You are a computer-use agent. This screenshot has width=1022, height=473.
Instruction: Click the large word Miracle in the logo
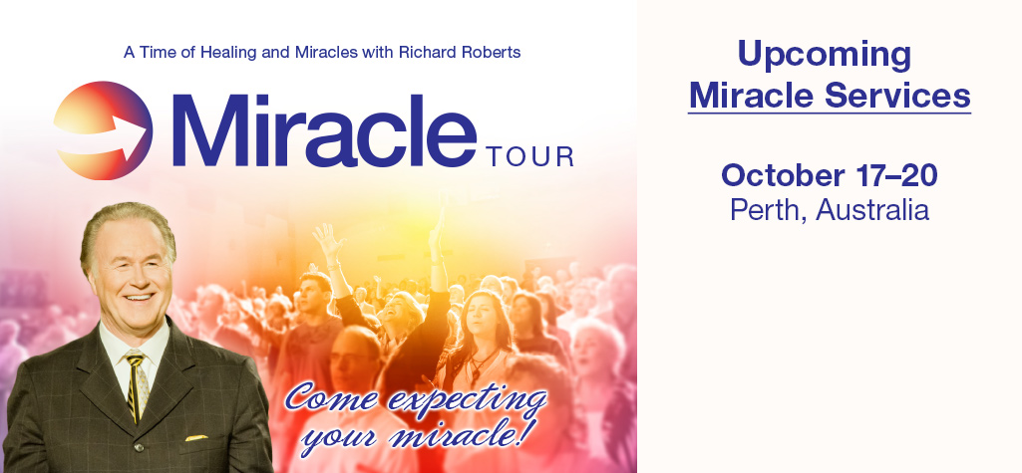pyautogui.click(x=324, y=130)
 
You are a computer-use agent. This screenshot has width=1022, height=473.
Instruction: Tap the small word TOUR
pyautogui.click(x=529, y=156)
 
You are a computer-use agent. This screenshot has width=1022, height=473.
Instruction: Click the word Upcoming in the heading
pyautogui.click(x=824, y=56)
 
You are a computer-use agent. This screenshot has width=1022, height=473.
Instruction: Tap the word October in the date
pyautogui.click(x=775, y=175)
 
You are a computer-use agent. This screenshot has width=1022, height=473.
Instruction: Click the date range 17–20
pyautogui.click(x=886, y=175)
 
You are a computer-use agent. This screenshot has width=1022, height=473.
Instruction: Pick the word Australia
pyautogui.click(x=872, y=209)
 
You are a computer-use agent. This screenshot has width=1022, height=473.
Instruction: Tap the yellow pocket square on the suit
pyautogui.click(x=196, y=437)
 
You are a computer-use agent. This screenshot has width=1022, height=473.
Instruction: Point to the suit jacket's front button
pyautogui.click(x=139, y=449)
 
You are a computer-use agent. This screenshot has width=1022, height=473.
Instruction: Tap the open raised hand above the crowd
pyautogui.click(x=328, y=241)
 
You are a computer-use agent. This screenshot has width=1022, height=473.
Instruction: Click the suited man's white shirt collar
pyautogui.click(x=134, y=345)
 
